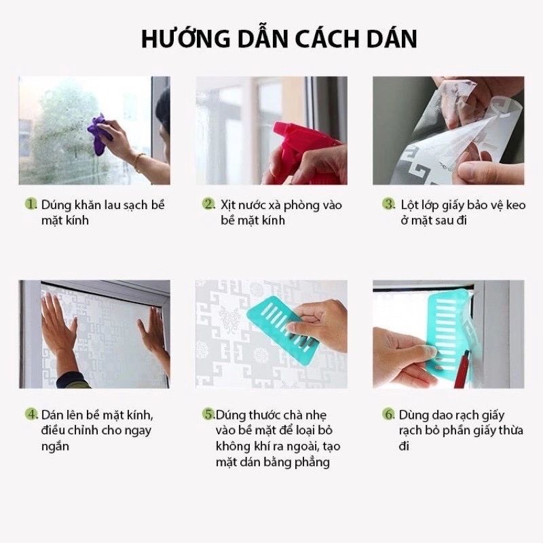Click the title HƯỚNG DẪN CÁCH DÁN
point(278,39)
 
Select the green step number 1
point(31,204)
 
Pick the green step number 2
point(209,204)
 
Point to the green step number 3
point(389,204)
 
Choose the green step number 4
point(31,414)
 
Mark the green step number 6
point(389,414)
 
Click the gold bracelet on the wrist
point(139,162)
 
